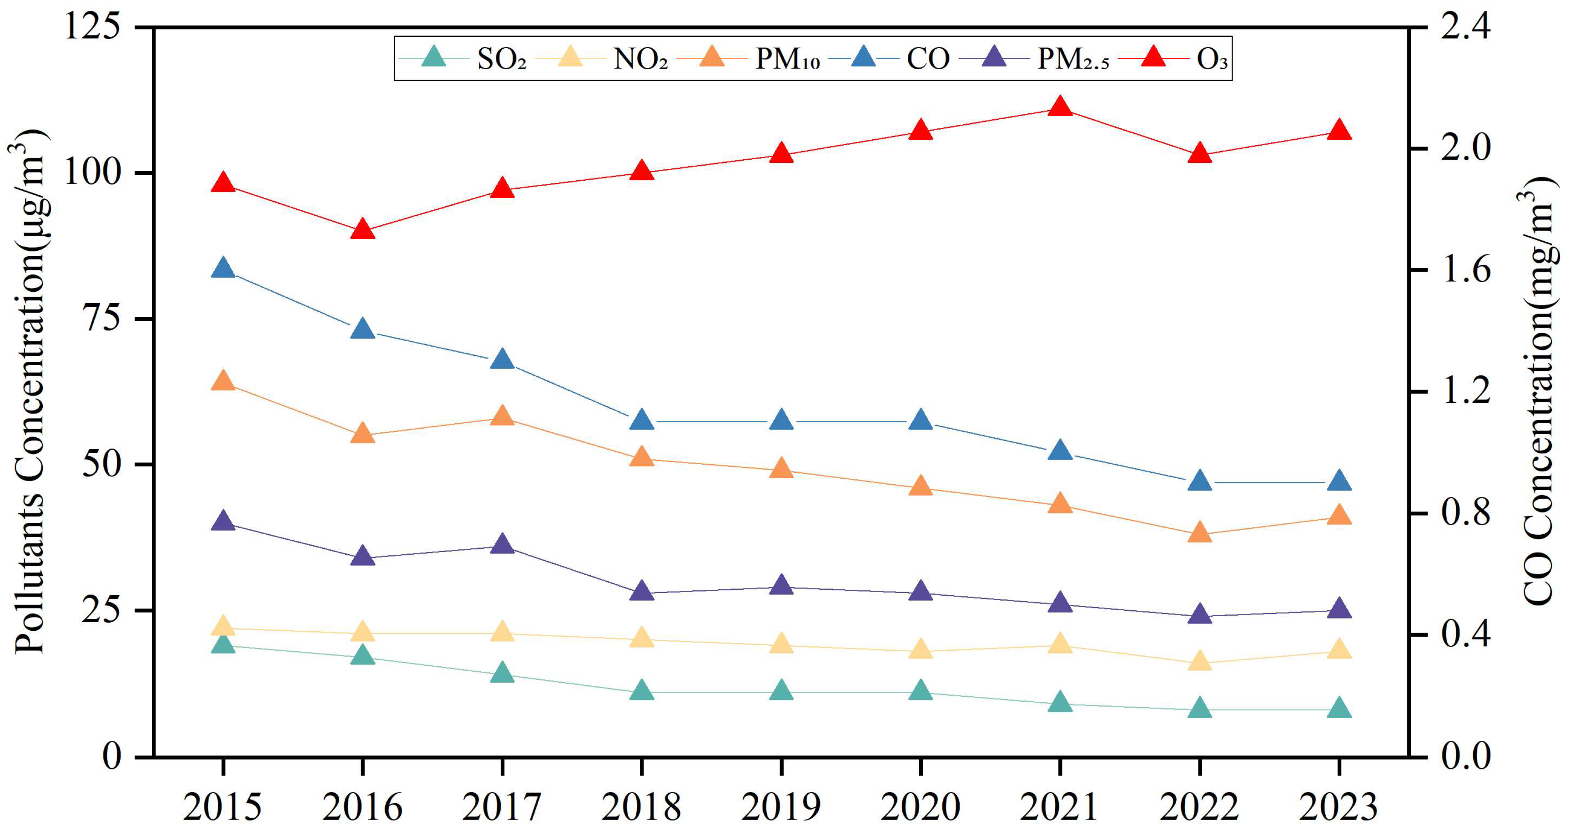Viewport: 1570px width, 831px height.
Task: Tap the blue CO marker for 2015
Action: click(223, 268)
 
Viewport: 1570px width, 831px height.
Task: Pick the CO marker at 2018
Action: click(642, 420)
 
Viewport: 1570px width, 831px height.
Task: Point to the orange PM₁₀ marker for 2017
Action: click(502, 416)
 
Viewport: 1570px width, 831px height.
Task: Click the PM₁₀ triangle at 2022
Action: click(1199, 532)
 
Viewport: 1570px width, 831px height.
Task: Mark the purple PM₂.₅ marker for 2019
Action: click(781, 585)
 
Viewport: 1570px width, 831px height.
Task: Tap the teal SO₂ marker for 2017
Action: click(502, 673)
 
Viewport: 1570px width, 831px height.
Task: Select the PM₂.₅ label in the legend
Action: click(1073, 59)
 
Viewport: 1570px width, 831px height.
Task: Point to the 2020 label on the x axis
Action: click(920, 806)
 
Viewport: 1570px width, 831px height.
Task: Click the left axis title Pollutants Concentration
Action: click(29, 390)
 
